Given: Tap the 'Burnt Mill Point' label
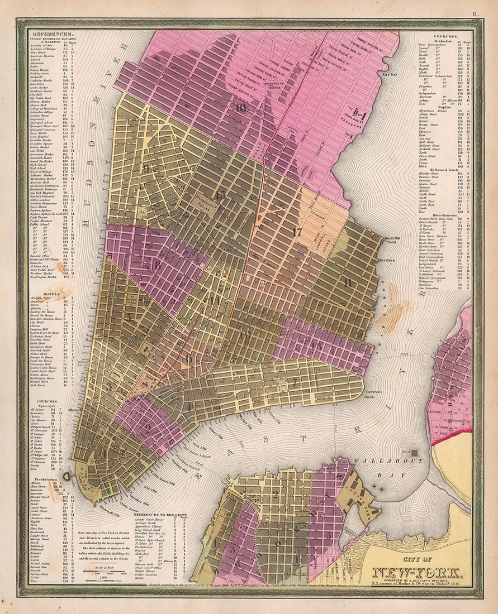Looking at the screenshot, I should pos(391,240).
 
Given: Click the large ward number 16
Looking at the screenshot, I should pos(241,108).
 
